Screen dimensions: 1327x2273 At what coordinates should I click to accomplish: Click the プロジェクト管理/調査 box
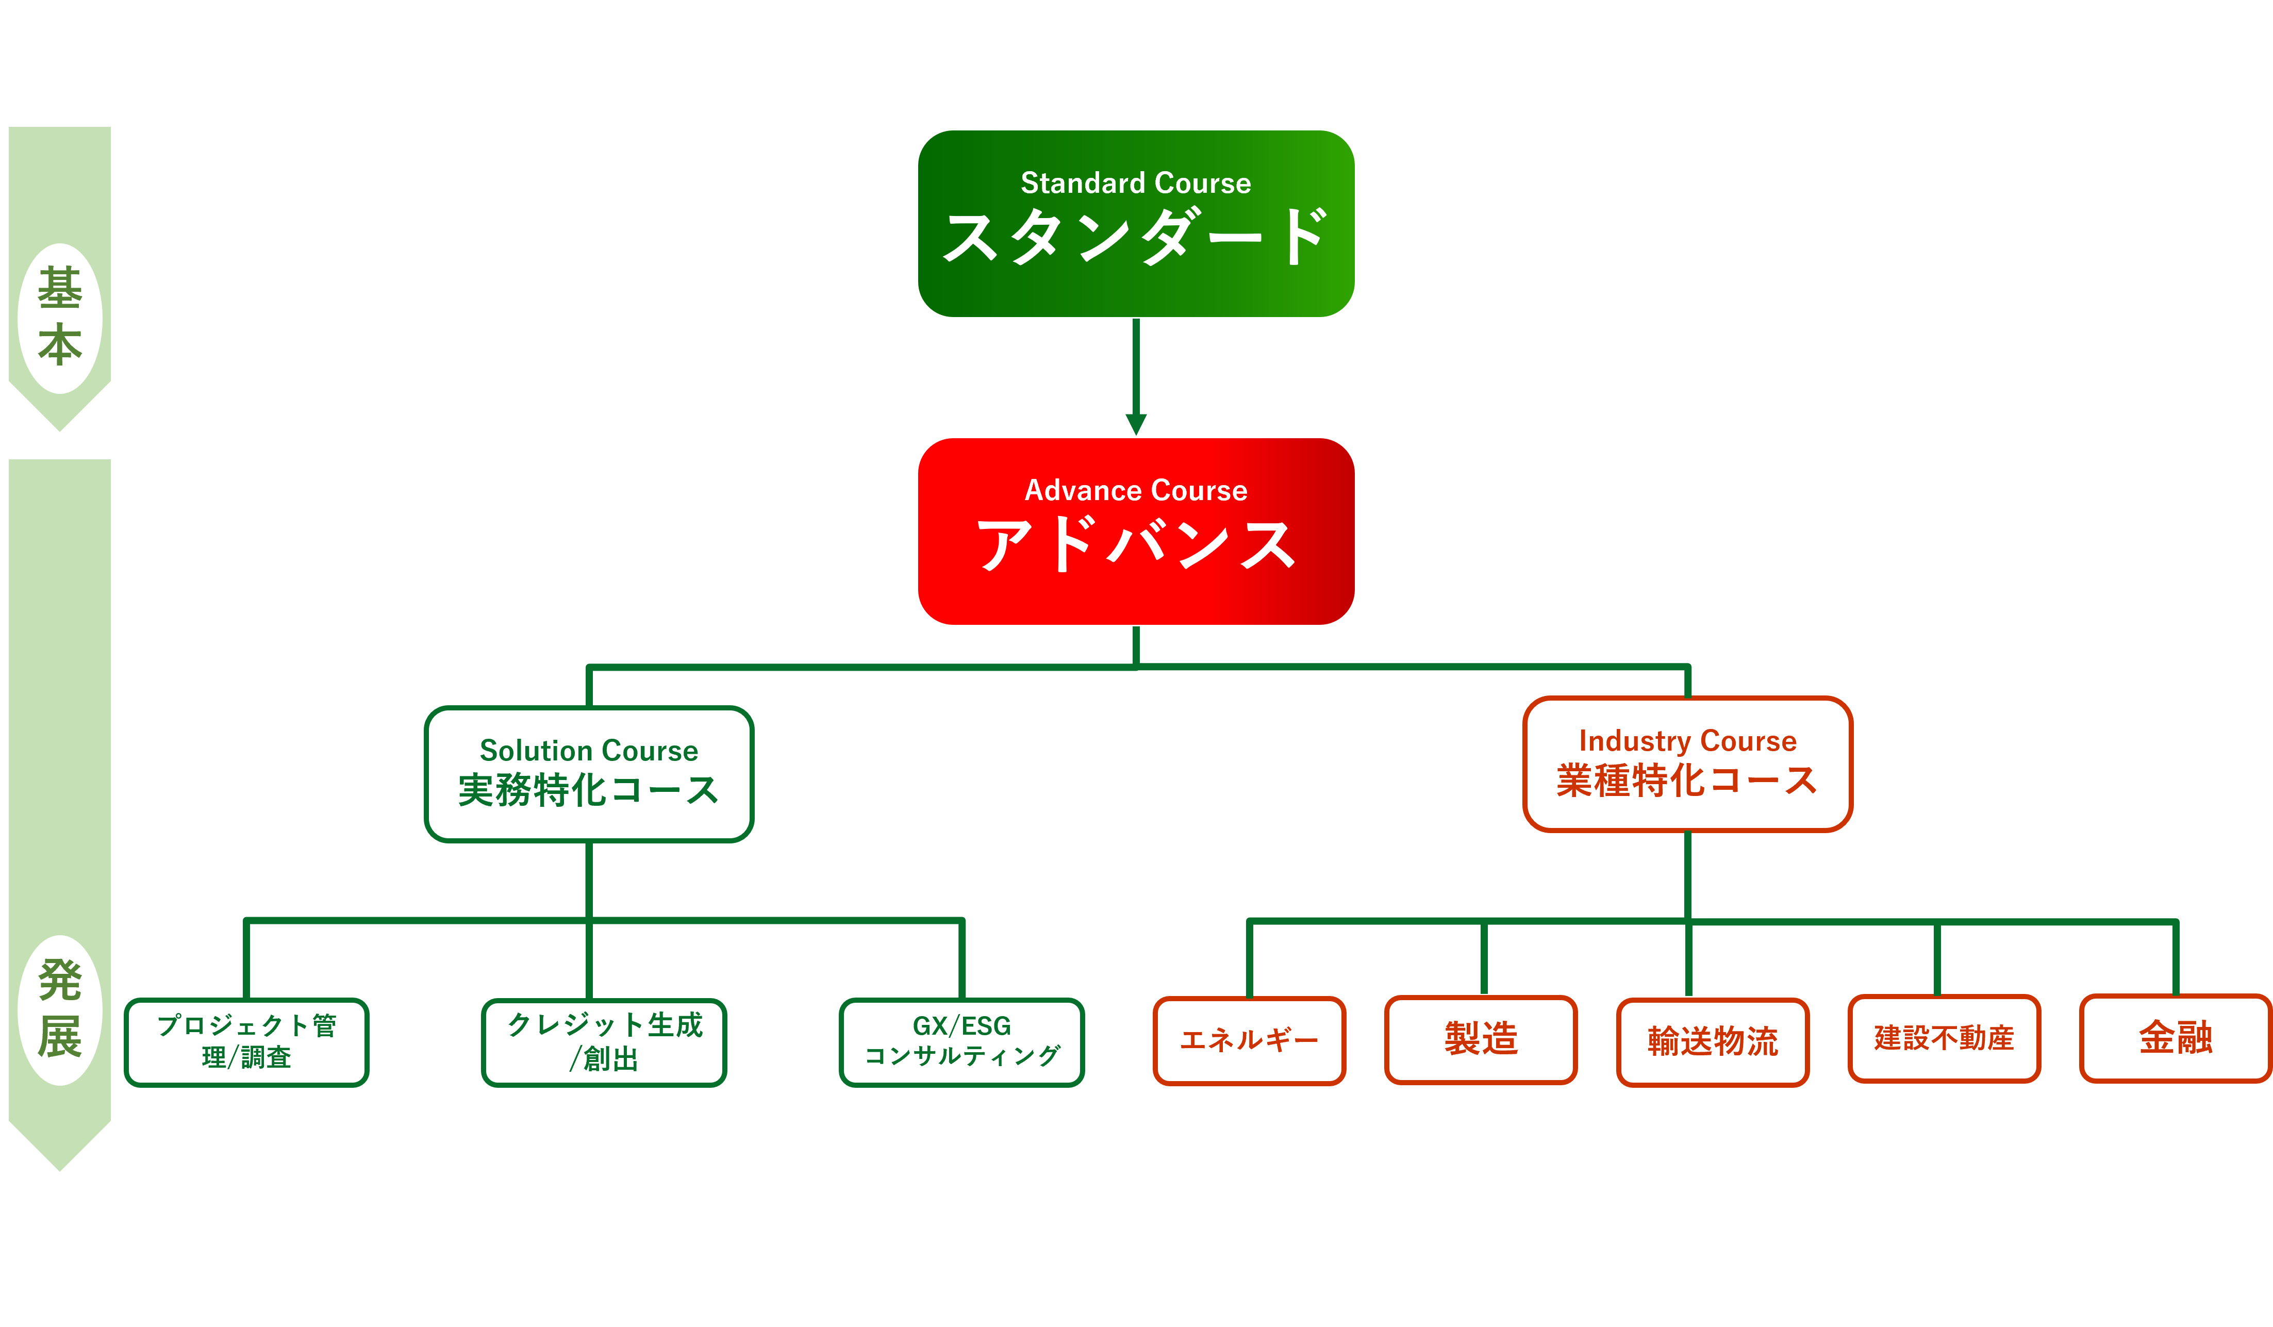pos(246,1042)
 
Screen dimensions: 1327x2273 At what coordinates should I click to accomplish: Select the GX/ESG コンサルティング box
pos(961,1042)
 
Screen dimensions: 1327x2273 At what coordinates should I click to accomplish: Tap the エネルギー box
pos(1249,1040)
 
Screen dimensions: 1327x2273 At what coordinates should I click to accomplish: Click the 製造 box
pos(1481,1039)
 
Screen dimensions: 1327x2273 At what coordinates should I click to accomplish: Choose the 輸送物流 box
pos(1713,1042)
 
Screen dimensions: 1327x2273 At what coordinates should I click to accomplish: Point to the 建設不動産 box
pos(1944,1038)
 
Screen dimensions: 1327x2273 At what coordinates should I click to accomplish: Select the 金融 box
pos(2176,1038)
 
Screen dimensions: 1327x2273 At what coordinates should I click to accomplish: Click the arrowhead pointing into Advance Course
pos(1136,424)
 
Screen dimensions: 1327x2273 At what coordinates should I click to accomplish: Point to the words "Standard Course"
pos(1136,183)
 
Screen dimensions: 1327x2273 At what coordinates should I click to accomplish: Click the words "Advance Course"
pos(1136,491)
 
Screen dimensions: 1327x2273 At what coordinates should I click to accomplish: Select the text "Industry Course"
pos(1688,741)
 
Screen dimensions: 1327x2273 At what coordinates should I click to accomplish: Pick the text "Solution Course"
pos(588,751)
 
